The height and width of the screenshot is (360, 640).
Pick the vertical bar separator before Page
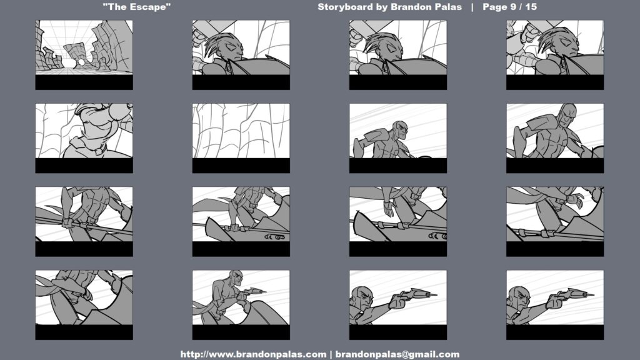tap(472, 7)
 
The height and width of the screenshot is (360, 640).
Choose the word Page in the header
tap(495, 7)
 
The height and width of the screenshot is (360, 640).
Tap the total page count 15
tap(531, 7)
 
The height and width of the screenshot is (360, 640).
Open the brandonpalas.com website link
tap(253, 354)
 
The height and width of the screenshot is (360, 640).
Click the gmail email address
tap(397, 354)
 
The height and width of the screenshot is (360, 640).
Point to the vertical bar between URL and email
tap(331, 354)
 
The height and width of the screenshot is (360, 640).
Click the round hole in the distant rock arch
tap(81, 62)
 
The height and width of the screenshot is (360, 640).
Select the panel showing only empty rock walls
tap(241, 131)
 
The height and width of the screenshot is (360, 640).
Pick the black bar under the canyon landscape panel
tap(84, 82)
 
